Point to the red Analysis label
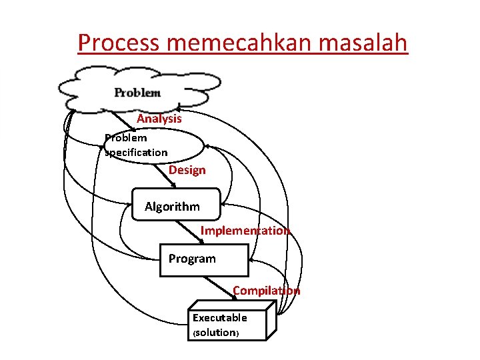point(159,119)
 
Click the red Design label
point(187,170)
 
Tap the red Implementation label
point(245,231)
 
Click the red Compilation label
point(266,291)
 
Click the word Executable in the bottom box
point(220,318)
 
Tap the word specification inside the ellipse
point(137,153)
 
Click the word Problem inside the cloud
point(137,93)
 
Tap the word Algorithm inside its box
point(172,207)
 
